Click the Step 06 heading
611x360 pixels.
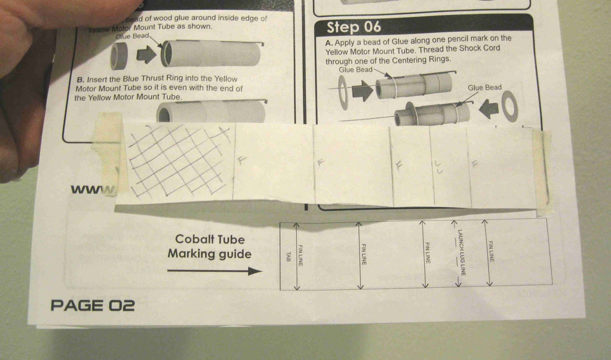tap(354, 28)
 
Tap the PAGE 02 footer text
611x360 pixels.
tap(93, 305)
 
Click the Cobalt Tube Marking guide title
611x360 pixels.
tap(209, 246)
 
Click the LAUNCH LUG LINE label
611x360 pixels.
tap(462, 253)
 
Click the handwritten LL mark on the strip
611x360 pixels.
tap(438, 167)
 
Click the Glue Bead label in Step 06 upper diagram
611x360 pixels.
tap(355, 70)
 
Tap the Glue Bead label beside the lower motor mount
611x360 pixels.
tap(484, 88)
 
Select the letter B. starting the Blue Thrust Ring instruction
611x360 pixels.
tap(80, 80)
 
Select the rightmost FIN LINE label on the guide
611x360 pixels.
tap(491, 251)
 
